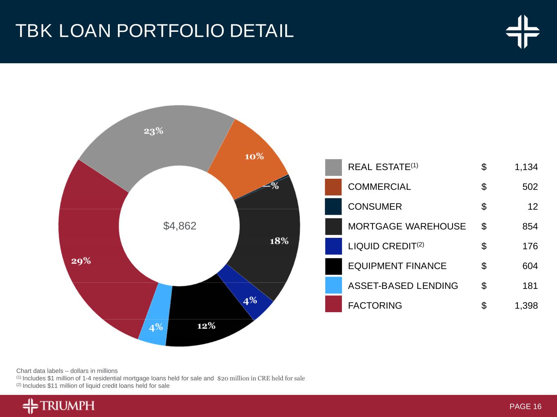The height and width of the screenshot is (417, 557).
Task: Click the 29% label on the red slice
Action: (x=81, y=261)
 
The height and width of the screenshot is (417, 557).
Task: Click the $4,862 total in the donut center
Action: (x=180, y=226)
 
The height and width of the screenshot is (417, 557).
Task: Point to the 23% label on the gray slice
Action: (x=153, y=131)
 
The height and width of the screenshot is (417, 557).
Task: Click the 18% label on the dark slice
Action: (x=279, y=241)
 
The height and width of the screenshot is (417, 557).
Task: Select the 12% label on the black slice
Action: (x=206, y=326)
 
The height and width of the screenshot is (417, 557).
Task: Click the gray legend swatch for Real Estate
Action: (x=333, y=167)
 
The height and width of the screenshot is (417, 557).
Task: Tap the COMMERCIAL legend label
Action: (x=379, y=187)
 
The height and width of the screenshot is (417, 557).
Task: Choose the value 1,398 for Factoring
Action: (x=526, y=306)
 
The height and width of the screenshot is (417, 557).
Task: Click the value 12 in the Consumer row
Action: (x=533, y=206)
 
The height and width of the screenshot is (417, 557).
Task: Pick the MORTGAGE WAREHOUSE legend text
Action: (x=406, y=226)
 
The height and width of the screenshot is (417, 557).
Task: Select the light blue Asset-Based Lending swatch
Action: (x=333, y=285)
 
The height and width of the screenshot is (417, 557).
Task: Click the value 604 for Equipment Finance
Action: (x=530, y=266)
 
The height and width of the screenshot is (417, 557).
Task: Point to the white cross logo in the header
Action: (x=523, y=31)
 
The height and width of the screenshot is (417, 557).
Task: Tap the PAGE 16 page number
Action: (x=525, y=406)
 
